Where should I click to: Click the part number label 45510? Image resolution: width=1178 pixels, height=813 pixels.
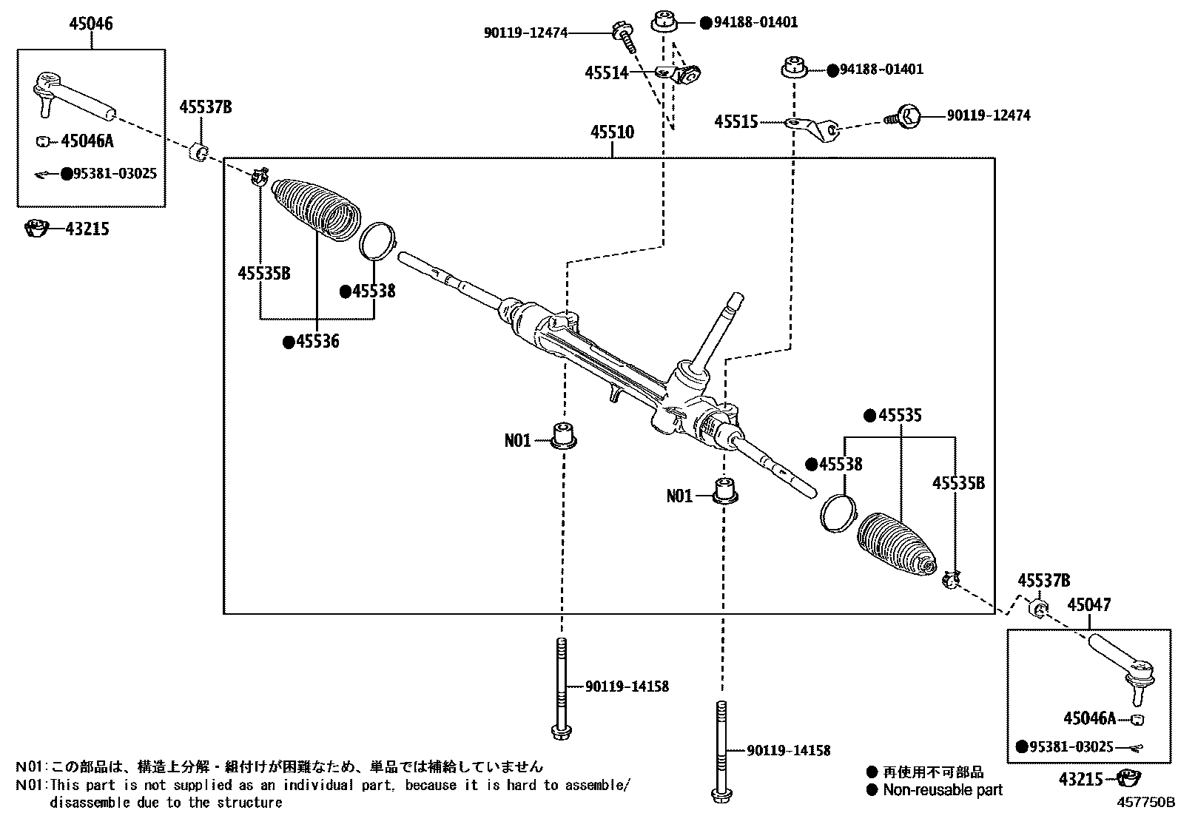pos(612,133)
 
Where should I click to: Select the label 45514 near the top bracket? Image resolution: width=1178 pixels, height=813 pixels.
pos(606,73)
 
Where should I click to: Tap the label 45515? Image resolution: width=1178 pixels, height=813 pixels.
pos(736,122)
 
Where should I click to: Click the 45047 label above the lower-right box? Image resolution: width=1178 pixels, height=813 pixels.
pos(1088,605)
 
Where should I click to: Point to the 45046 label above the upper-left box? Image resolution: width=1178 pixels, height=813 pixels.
pos(91,24)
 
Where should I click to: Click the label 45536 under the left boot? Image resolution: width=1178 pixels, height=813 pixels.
pos(317,342)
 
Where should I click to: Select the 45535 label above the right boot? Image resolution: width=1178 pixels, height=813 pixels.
pos(900,416)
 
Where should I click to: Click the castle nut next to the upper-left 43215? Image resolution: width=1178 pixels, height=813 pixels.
pos(35,229)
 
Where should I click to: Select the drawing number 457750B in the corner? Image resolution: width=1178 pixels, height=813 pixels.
pos(1145,802)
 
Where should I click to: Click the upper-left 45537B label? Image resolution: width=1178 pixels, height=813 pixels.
pos(205,108)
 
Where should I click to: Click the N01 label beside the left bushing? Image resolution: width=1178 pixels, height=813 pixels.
pos(518,441)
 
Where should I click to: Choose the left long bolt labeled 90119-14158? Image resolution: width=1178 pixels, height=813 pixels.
pos(561,687)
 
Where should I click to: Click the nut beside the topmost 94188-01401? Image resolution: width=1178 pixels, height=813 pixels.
pos(664,21)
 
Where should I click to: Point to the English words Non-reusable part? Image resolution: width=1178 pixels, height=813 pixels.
pos(943,790)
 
